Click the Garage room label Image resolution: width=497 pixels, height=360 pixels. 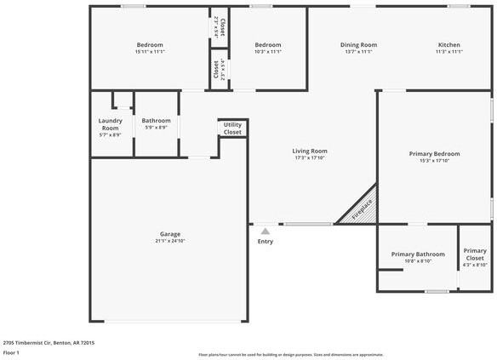pyautogui.click(x=170, y=234)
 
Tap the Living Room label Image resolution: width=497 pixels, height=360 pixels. pyautogui.click(x=311, y=151)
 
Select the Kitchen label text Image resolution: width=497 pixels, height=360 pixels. pyautogui.click(x=449, y=44)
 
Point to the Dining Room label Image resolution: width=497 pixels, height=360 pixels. pyautogui.click(x=358, y=44)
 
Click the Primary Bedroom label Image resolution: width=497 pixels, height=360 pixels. pyautogui.click(x=434, y=153)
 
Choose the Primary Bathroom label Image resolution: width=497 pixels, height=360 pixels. pyautogui.click(x=418, y=254)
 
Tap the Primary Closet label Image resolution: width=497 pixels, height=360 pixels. pyautogui.click(x=475, y=254)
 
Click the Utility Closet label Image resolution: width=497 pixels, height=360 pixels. pyautogui.click(x=232, y=129)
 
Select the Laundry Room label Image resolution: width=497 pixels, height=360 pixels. pyautogui.click(x=111, y=124)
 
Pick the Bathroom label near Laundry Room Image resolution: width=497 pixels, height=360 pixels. pyautogui.click(x=157, y=121)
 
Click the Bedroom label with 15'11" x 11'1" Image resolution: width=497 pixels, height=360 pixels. pyautogui.click(x=150, y=44)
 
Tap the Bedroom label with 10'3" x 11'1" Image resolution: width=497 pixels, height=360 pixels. pyautogui.click(x=268, y=44)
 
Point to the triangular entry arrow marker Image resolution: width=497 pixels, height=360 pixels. pyautogui.click(x=266, y=230)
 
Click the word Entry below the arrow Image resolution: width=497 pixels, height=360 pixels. pyautogui.click(x=266, y=242)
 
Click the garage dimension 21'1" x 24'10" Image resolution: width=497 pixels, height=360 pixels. pyautogui.click(x=170, y=241)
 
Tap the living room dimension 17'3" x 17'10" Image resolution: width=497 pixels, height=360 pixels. pyautogui.click(x=311, y=157)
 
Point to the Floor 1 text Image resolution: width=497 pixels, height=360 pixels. pyautogui.click(x=11, y=351)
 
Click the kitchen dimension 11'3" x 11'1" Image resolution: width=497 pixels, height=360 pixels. pyautogui.click(x=449, y=52)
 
